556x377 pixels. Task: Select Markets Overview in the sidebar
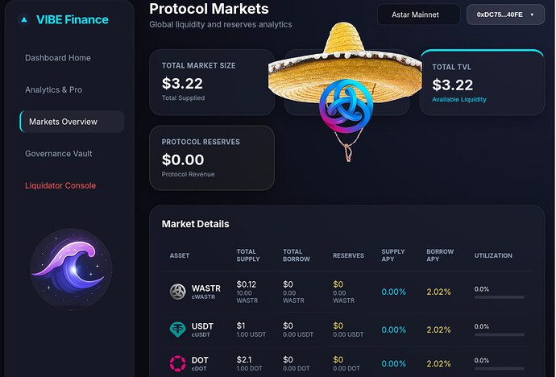coord(72,122)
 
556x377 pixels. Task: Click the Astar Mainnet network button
coord(418,14)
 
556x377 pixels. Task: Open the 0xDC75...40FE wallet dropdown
coord(504,14)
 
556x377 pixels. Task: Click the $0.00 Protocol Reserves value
coord(183,159)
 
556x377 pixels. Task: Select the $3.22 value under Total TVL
coord(453,84)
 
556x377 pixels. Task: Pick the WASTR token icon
coord(177,292)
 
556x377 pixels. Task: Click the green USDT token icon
coord(177,329)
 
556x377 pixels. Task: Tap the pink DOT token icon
coord(177,363)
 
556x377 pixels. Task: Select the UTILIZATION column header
coord(493,255)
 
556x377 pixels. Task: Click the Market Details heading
coord(195,224)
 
